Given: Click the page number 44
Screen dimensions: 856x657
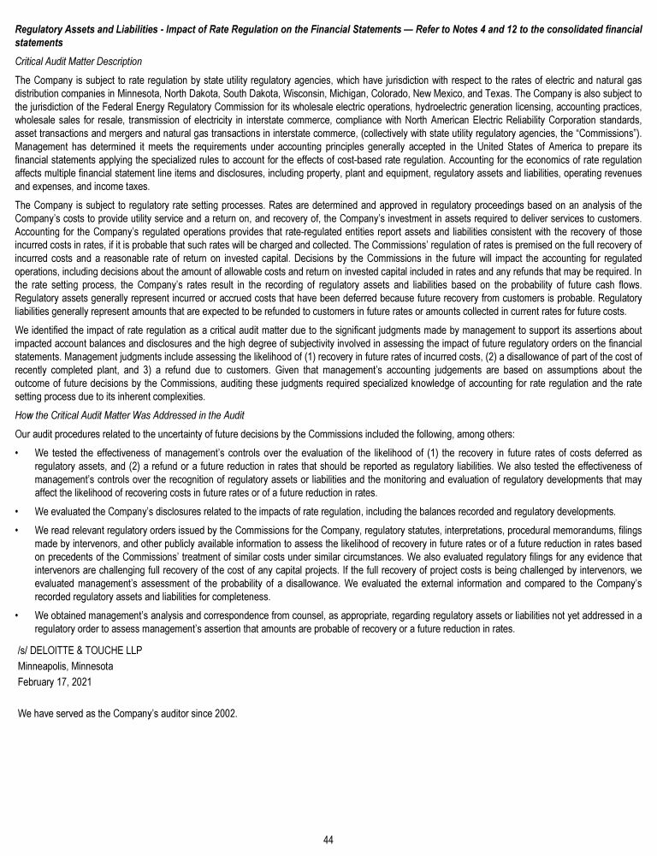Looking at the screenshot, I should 328,840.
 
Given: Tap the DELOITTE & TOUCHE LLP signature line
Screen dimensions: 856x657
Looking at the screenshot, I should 80,650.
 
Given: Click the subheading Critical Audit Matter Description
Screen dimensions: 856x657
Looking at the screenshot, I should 80,62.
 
